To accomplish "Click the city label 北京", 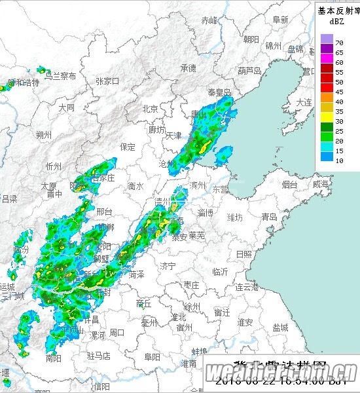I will [151, 109].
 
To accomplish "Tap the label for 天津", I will [173, 136].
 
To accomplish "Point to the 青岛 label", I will [269, 217].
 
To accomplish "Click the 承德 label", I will [189, 68].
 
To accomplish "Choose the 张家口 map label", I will [107, 81].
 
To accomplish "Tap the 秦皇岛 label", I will [219, 93].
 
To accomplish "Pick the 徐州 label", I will [192, 307].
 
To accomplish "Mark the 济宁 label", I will [168, 266].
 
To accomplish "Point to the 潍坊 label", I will [234, 217].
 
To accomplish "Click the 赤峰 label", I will [209, 20].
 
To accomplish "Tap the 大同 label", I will [66, 107].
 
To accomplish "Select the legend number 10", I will [339, 160].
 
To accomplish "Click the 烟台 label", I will [290, 185].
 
